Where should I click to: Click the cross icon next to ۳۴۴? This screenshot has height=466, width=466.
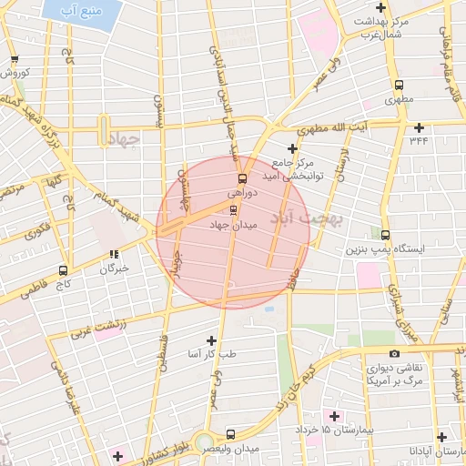point(419,127)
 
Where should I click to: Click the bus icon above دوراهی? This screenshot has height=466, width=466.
point(242,178)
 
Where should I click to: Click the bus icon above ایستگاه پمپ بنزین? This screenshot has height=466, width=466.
point(386,235)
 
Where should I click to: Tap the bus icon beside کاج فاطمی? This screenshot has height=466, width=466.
point(63,270)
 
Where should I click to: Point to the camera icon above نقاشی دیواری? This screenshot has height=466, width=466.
point(394,354)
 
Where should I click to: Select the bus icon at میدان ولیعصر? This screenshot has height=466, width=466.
point(229,435)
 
